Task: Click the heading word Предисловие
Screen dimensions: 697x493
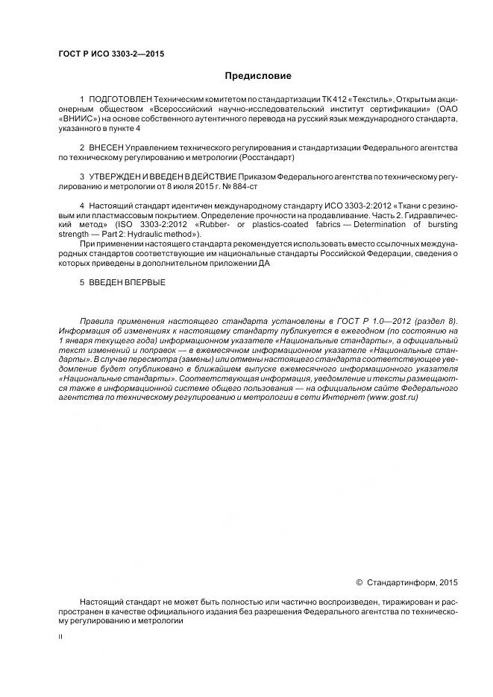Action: coord(258,76)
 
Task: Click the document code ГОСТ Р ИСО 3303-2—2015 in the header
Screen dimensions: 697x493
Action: coord(111,54)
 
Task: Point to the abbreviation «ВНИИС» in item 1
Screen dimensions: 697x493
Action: coord(77,118)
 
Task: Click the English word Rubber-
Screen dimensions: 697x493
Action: coord(213,224)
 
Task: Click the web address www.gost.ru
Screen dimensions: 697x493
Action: coord(392,398)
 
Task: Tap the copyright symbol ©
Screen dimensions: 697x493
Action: coord(359,582)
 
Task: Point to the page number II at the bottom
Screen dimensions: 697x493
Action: coord(60,638)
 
